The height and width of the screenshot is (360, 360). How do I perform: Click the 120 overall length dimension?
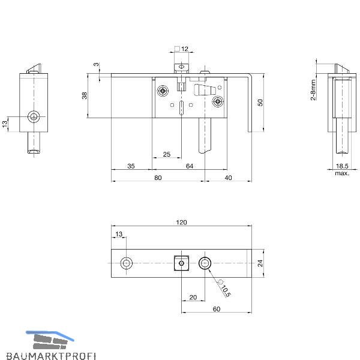click(x=181, y=222)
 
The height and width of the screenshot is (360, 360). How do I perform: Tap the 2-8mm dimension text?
click(x=313, y=90)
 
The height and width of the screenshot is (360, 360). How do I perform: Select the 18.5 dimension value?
click(x=342, y=166)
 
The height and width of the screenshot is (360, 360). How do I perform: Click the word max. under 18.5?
click(x=342, y=173)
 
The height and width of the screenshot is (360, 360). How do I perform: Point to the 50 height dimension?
click(x=260, y=103)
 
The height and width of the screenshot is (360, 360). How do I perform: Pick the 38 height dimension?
click(x=85, y=95)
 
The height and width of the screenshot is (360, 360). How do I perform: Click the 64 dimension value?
click(x=190, y=166)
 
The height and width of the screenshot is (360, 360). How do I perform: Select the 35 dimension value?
click(x=131, y=166)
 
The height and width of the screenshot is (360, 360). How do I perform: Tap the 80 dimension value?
click(x=158, y=178)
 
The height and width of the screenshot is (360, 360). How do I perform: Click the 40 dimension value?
click(x=228, y=178)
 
